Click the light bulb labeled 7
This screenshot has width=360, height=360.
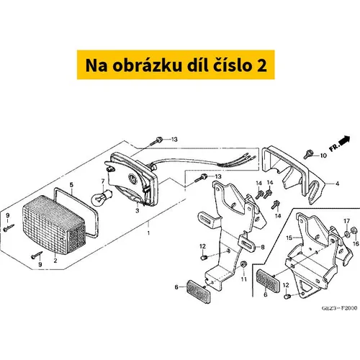pos(101,196)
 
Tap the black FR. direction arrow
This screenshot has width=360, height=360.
pos(345,140)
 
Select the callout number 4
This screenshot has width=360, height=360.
pos(337,184)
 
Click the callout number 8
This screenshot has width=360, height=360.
pos(263,247)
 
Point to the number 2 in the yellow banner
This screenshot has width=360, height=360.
pos(262,66)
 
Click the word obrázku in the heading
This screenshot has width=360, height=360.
pos(147,66)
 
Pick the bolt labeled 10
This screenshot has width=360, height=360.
pos(308,154)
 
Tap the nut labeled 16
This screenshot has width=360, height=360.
pos(354,230)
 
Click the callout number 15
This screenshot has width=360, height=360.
pos(289,238)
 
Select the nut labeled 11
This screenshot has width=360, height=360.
pos(243,264)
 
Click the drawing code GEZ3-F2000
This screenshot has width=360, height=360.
pos(339,308)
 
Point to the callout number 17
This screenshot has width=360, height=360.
pos(347,221)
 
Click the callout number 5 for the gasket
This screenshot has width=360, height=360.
pos(71,185)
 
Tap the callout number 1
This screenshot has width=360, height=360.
pos(148,233)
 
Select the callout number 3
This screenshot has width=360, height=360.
pos(137,211)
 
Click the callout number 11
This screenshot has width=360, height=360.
pos(244,279)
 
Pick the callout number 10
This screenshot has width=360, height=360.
pos(323,156)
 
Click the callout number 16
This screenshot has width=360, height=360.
pos(356,243)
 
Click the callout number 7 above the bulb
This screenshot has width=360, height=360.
pos(103,181)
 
